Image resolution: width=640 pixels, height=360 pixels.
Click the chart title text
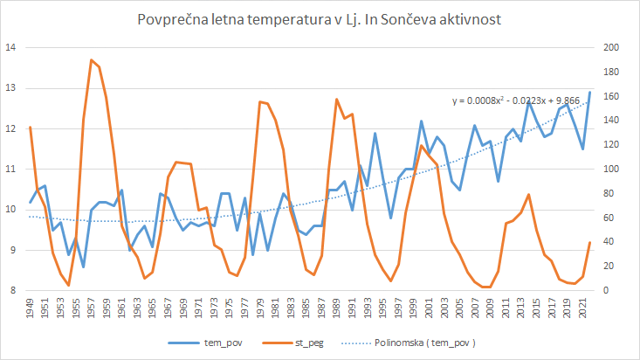pyautogui.click(x=319, y=19)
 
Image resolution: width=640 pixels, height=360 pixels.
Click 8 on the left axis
pyautogui.click(x=13, y=290)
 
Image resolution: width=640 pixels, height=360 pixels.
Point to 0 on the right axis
pyautogui.click(x=606, y=290)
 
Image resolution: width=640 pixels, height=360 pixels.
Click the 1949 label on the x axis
pyautogui.click(x=31, y=308)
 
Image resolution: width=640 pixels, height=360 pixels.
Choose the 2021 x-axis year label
pyautogui.click(x=582, y=308)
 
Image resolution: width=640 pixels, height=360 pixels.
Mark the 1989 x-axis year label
pyautogui.click(x=337, y=308)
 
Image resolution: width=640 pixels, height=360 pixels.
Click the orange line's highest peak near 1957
pyautogui.click(x=91, y=59)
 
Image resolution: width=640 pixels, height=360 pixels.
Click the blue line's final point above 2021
pyautogui.click(x=589, y=92)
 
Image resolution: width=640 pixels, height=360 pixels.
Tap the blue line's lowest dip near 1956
pyautogui.click(x=83, y=267)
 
